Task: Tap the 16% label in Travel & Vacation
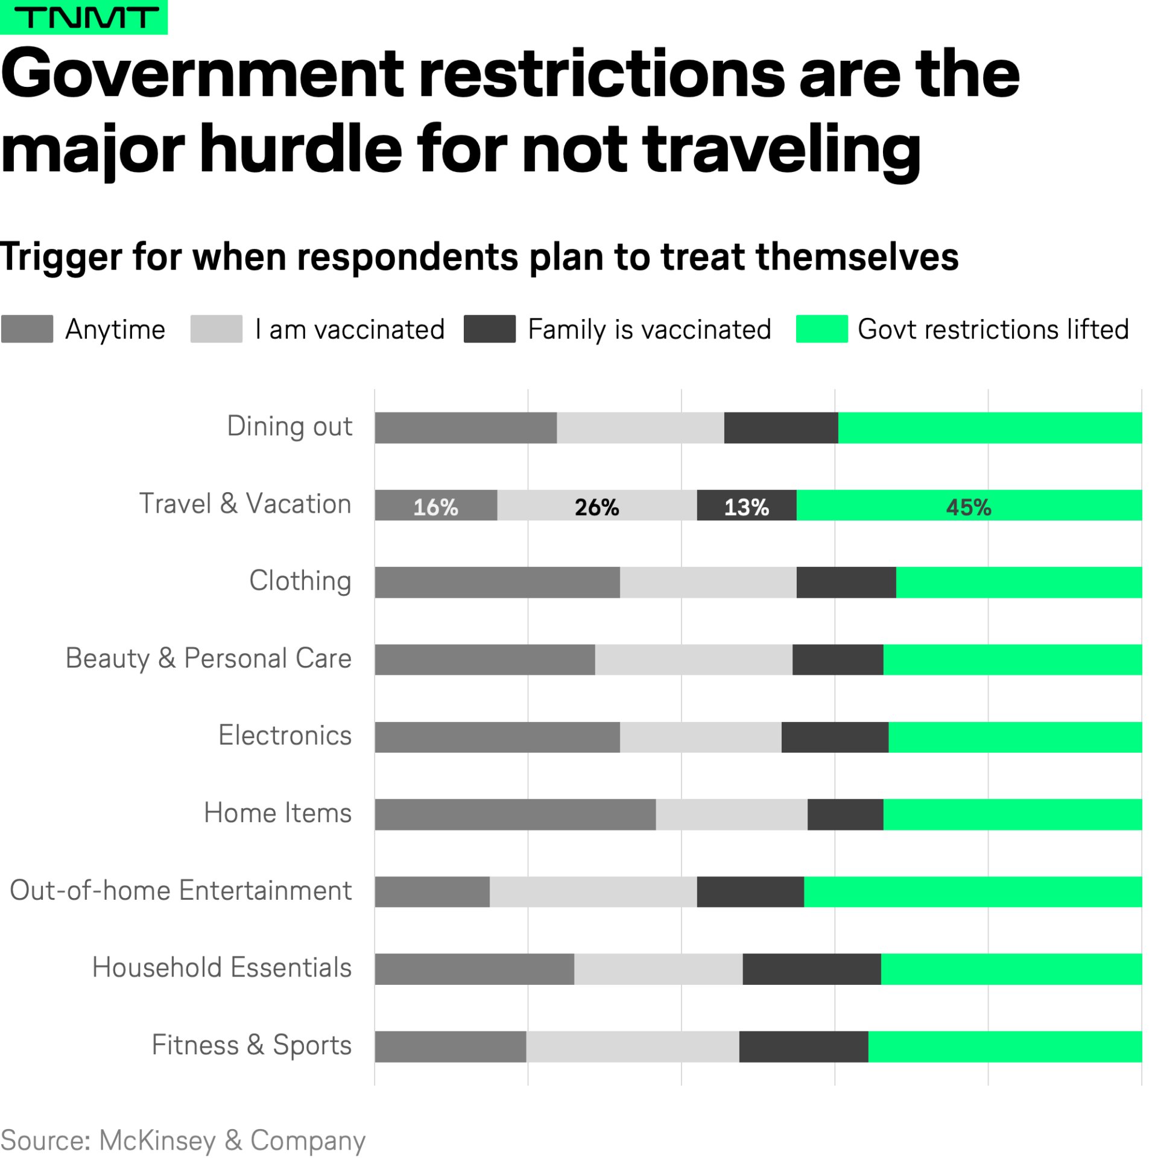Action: [x=435, y=507]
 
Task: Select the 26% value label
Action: [x=596, y=507]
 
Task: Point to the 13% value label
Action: [x=746, y=507]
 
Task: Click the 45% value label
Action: [x=968, y=507]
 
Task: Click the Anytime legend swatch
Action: [x=27, y=329]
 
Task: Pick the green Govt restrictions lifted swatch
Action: [x=821, y=329]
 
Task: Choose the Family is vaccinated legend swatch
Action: [x=489, y=329]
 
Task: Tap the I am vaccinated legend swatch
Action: [x=216, y=329]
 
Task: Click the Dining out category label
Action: [x=289, y=426]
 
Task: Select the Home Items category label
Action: [x=277, y=813]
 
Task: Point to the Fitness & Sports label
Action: [x=252, y=1045]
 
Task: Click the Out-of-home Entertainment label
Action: [x=181, y=890]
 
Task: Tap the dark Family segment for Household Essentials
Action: [x=811, y=969]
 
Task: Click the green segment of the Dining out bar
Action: [x=989, y=428]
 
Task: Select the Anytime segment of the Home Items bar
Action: [x=514, y=814]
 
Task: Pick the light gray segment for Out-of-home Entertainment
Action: [x=593, y=891]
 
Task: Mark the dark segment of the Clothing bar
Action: [x=846, y=582]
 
